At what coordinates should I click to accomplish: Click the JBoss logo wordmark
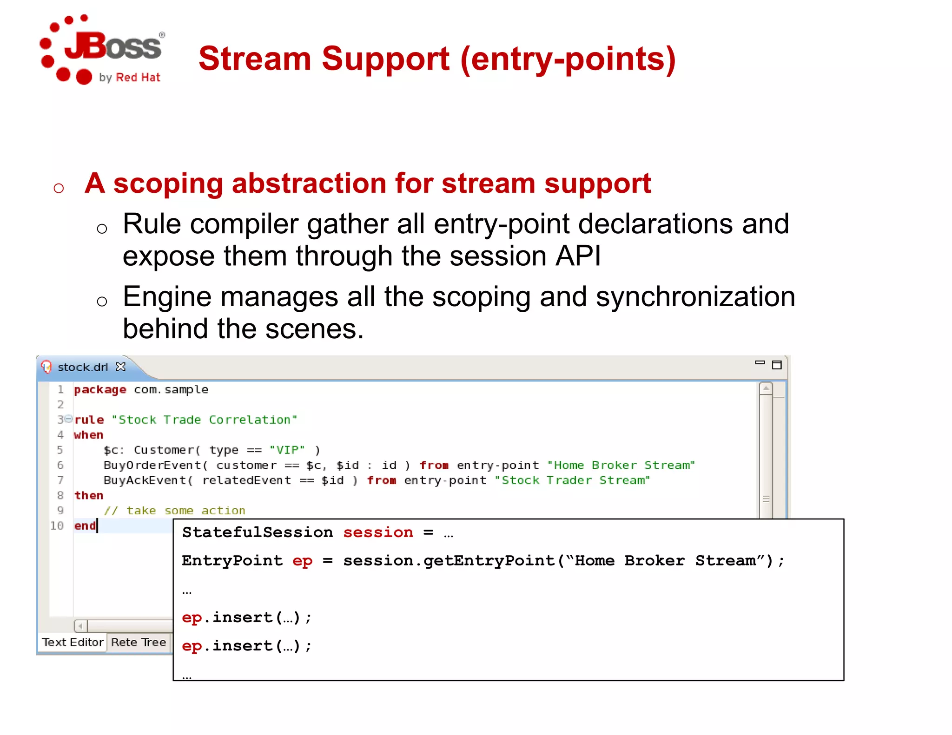113,46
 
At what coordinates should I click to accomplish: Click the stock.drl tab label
82,367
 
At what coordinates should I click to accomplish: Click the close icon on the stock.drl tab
121,367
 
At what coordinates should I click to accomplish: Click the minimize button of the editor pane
760,363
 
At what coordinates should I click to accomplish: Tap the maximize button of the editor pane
777,365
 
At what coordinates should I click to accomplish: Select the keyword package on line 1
100,389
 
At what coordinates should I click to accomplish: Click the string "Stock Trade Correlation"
204,420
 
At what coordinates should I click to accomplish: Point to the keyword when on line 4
88,435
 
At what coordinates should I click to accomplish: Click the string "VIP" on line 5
287,450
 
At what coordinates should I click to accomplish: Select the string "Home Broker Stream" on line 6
621,465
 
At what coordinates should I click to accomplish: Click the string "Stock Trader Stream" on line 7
572,480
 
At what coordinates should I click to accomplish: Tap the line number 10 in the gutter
57,525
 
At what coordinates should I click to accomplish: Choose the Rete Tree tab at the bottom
138,642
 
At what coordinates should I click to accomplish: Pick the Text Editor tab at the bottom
73,642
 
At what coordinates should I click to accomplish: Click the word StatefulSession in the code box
257,532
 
